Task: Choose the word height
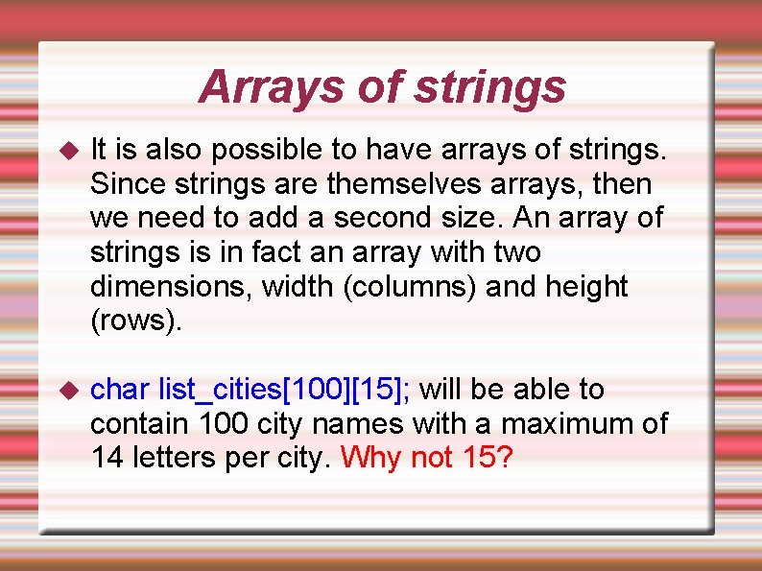coord(587,287)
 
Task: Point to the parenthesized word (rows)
coord(133,321)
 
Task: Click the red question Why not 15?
coord(427,458)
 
